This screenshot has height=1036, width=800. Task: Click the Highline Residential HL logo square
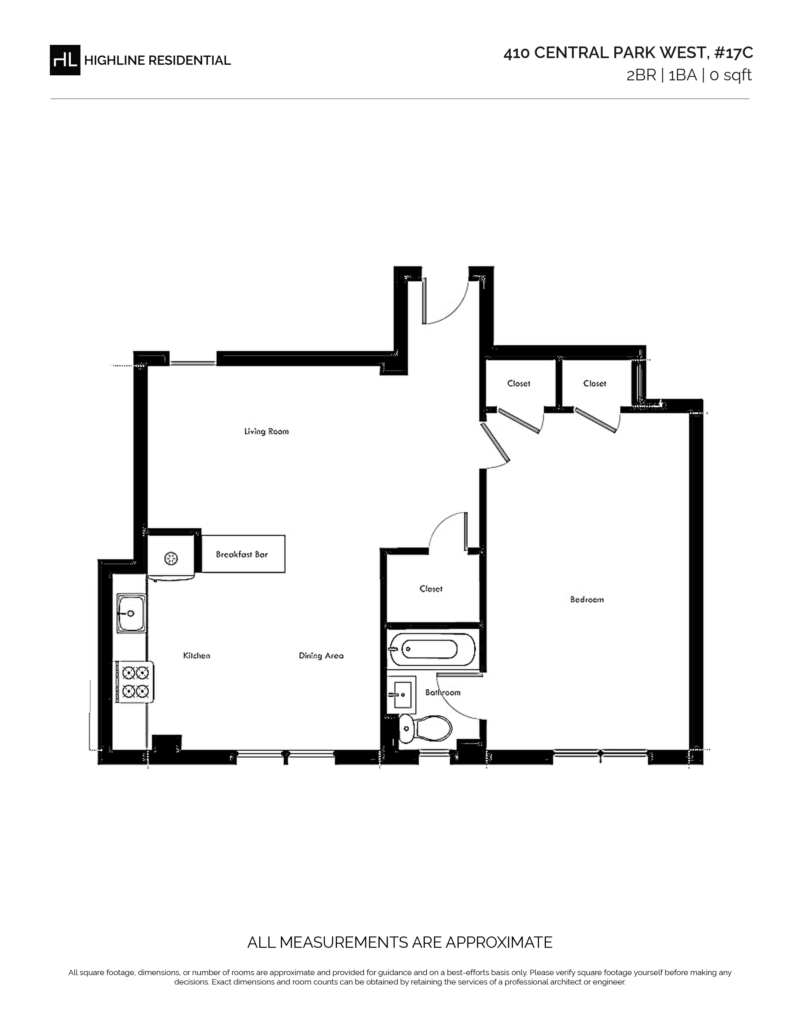[65, 60]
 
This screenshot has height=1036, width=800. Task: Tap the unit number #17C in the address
[734, 53]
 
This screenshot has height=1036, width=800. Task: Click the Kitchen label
[197, 656]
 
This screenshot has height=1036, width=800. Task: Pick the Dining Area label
[321, 656]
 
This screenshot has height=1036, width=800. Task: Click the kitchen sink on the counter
[131, 613]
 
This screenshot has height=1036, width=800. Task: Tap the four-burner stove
[135, 682]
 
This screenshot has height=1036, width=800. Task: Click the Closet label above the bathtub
[431, 589]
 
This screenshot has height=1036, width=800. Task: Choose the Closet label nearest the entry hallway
[519, 383]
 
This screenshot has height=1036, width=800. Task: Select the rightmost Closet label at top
[595, 383]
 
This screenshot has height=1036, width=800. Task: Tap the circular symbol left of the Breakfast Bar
[171, 559]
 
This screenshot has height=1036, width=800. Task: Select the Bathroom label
[443, 693]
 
